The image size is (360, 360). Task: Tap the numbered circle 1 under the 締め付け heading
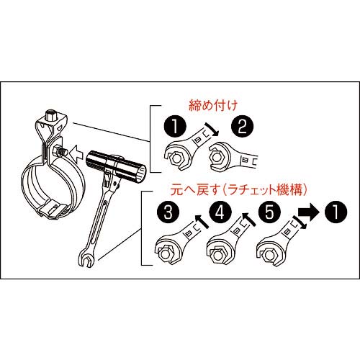173,130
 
